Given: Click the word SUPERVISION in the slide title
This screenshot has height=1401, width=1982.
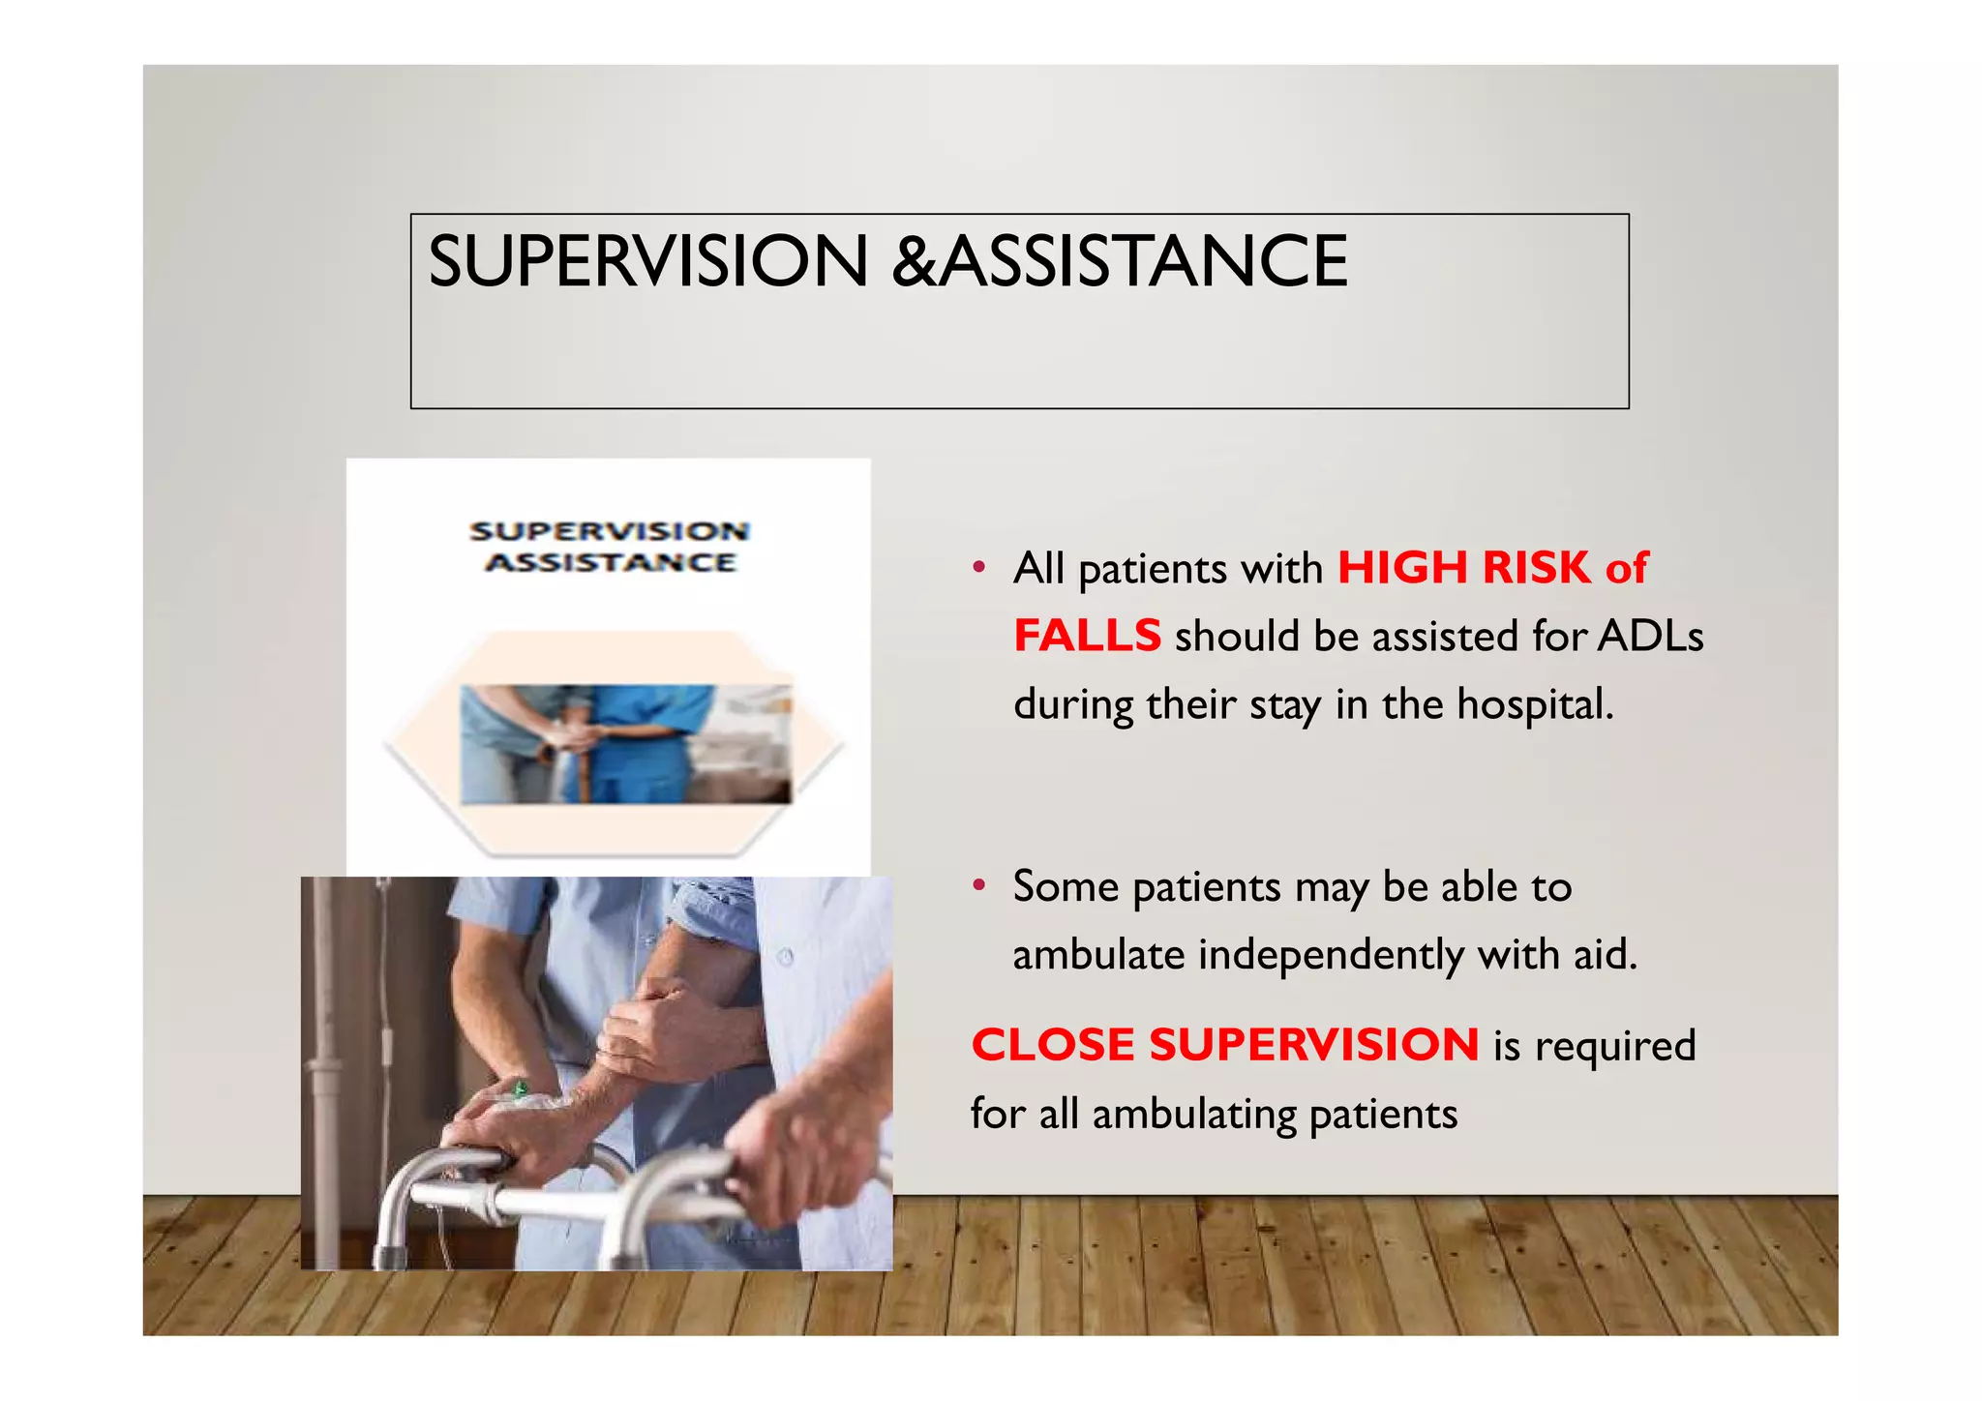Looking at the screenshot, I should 647,261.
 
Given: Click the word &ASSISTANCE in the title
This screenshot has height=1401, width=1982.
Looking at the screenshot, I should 1120,261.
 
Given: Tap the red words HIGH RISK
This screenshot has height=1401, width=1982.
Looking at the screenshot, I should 1463,568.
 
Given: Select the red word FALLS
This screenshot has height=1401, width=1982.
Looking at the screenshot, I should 1086,637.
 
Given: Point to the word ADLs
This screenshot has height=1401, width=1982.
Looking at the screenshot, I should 1650,637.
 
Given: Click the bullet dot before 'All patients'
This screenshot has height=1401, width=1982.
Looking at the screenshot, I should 979,567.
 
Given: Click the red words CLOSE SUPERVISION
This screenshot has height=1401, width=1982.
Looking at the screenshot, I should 1224,1045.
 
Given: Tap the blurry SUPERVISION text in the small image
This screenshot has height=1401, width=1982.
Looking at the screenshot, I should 609,531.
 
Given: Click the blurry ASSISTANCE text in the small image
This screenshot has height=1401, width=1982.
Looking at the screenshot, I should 610,562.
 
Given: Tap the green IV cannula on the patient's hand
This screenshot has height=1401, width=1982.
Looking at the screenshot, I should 520,1091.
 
